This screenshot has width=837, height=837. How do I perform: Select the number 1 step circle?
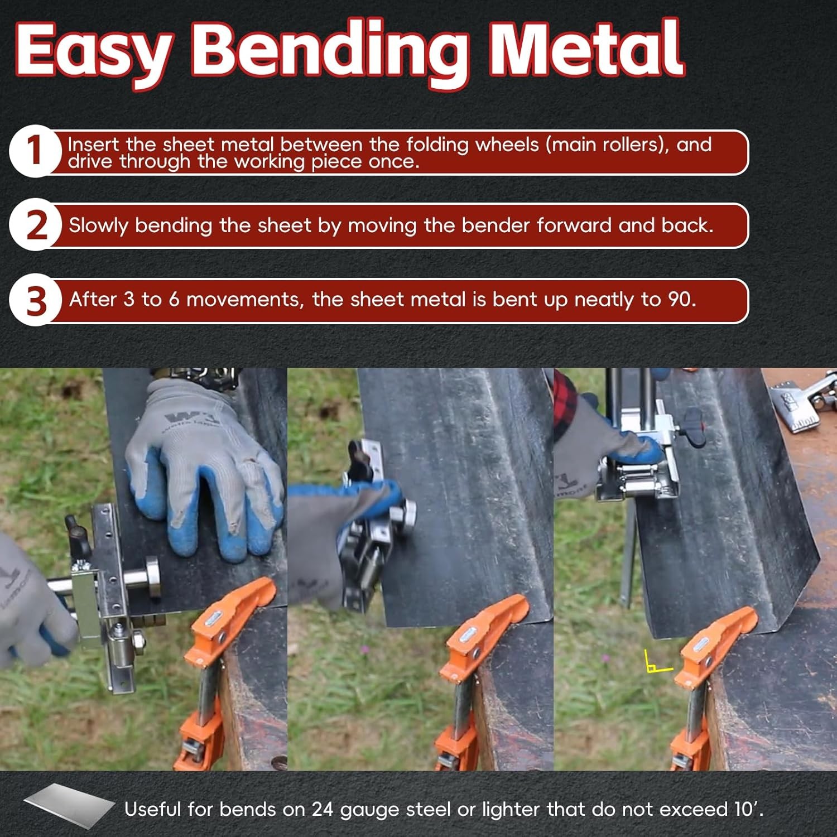[35, 151]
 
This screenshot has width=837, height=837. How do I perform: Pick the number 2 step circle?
[35, 225]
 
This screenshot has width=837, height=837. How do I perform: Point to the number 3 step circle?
[35, 301]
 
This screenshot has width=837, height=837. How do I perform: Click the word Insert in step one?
[93, 145]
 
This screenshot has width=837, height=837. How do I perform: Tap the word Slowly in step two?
[99, 225]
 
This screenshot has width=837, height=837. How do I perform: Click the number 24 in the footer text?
[322, 809]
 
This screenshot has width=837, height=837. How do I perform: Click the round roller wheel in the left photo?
[151, 575]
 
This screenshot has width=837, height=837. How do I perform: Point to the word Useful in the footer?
[152, 809]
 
